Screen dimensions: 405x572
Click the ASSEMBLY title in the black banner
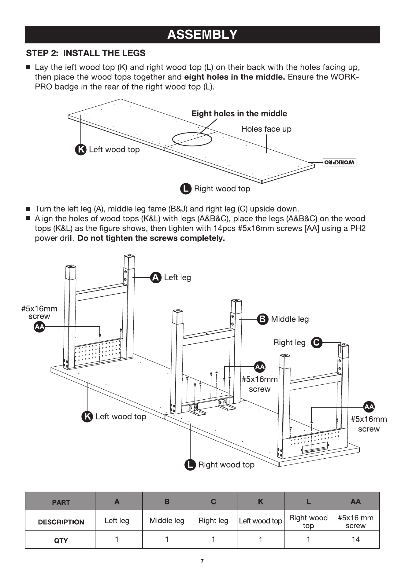point(202,35)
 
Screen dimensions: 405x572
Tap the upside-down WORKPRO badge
point(340,162)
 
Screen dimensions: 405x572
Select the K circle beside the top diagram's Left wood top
point(80,150)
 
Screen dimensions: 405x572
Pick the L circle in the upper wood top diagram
point(186,189)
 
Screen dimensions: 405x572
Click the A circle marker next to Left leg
point(156,277)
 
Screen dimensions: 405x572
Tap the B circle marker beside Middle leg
point(262,319)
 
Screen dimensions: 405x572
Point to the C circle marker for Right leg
point(317,343)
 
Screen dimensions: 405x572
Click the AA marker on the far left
point(39,327)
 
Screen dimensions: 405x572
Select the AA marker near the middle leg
point(260,367)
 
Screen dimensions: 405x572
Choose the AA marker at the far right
point(369,407)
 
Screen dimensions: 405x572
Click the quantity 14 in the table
point(355,539)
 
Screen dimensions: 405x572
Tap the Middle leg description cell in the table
point(167,521)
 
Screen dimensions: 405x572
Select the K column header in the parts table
point(261,501)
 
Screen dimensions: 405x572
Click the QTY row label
point(61,541)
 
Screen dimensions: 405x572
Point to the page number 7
point(202,561)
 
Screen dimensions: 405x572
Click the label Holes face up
point(266,129)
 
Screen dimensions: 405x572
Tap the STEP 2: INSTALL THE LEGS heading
point(86,53)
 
